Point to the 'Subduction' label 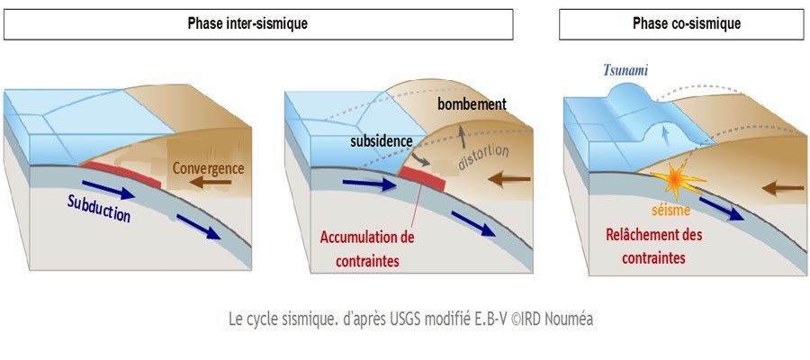pos(98,210)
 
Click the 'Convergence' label pos(208,167)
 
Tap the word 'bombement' pos(472,103)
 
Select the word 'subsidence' pos(382,141)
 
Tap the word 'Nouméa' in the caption pos(564,319)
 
